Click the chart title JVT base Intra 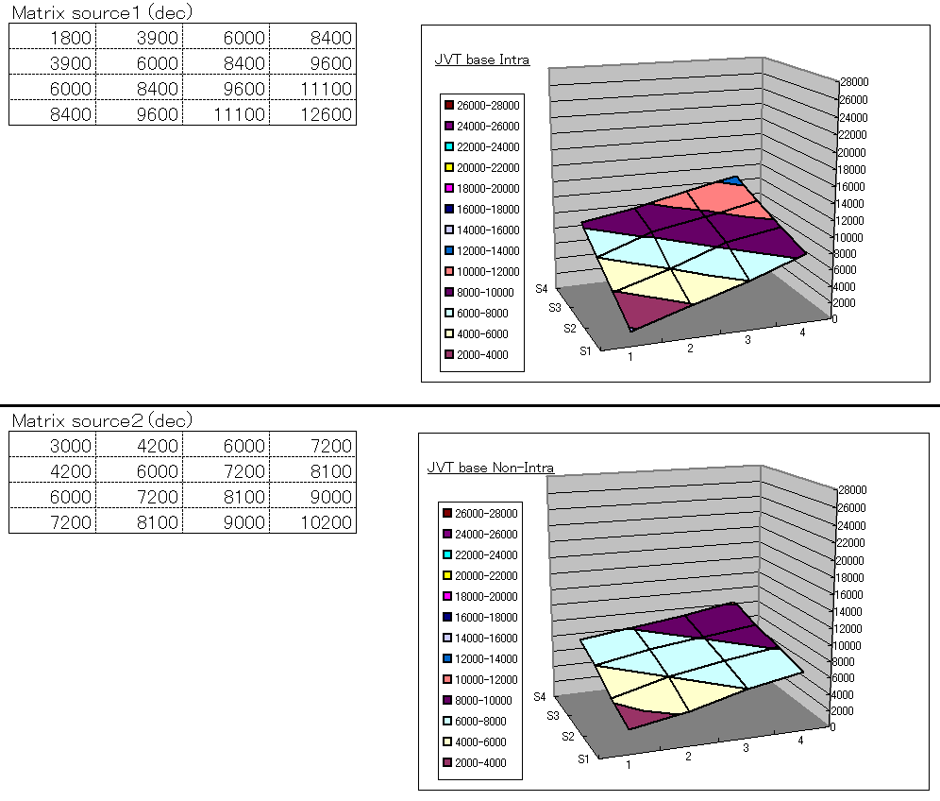point(481,60)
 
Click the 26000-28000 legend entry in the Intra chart point(487,105)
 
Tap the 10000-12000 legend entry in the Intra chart point(487,271)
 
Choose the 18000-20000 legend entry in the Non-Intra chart point(487,596)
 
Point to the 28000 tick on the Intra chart point(854,82)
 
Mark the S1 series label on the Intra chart point(584,349)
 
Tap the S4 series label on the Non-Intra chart point(541,696)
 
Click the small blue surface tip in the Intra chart point(733,179)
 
